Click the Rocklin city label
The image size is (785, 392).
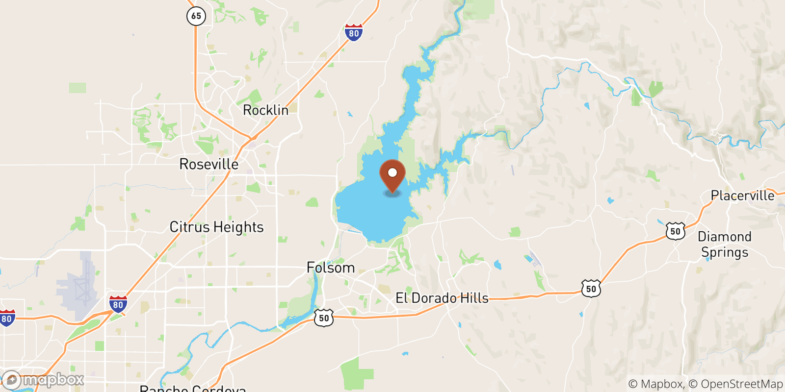[265, 110]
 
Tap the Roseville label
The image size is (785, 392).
[209, 164]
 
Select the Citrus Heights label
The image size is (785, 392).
[216, 227]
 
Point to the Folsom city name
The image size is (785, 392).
[330, 268]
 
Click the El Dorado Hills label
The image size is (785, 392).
[442, 298]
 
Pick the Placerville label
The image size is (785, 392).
[742, 196]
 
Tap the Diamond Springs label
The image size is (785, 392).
[725, 245]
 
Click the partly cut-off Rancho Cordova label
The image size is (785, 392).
[193, 388]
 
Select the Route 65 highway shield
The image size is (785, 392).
[196, 16]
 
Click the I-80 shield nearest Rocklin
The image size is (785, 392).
[354, 32]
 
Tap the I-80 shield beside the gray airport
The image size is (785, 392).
[118, 304]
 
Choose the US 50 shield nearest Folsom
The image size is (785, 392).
[324, 318]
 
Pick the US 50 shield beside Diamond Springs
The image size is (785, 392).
[676, 231]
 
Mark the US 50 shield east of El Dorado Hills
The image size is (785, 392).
[591, 288]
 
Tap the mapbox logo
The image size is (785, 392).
[43, 380]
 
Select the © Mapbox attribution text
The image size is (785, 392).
[655, 384]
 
